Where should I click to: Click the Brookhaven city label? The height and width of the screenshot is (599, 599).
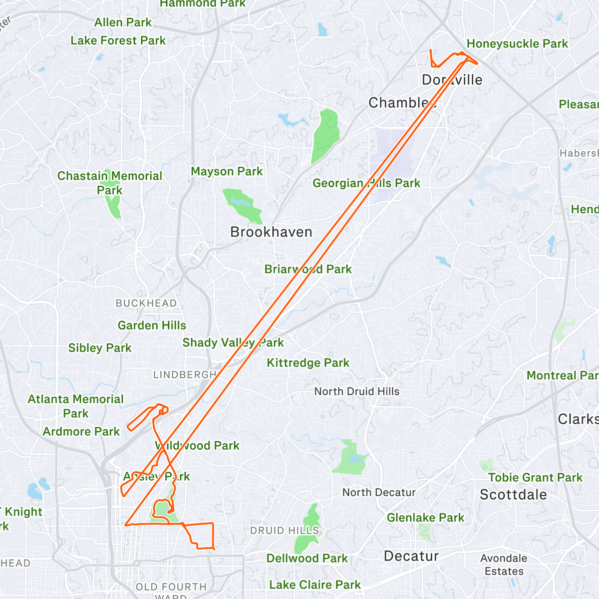(x=271, y=232)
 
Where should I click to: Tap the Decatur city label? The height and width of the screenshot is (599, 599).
(x=411, y=556)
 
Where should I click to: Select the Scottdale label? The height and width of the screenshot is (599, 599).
(x=513, y=495)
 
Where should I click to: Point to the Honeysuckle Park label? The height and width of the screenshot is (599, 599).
(x=517, y=44)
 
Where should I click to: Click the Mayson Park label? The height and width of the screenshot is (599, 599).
(x=227, y=172)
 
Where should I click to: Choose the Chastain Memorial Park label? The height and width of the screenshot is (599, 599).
(x=110, y=183)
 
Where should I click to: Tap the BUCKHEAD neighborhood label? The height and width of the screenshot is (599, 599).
(x=146, y=303)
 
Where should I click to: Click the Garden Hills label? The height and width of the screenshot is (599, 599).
(x=152, y=325)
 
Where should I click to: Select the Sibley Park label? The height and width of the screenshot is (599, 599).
(x=100, y=348)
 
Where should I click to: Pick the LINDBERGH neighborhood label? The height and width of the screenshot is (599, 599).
(x=185, y=375)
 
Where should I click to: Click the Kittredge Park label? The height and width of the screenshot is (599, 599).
(x=308, y=363)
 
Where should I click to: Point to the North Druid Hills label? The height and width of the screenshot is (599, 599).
(x=357, y=391)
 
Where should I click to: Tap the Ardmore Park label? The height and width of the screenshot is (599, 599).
(x=81, y=432)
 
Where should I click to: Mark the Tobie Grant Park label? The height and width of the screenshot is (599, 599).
(x=535, y=478)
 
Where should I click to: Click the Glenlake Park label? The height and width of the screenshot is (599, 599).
(x=425, y=518)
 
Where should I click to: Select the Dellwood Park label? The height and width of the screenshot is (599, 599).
(x=307, y=559)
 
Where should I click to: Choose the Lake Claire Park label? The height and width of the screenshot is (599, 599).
(x=315, y=585)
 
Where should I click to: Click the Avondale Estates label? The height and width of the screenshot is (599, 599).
(x=504, y=565)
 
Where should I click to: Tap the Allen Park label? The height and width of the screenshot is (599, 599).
(x=123, y=22)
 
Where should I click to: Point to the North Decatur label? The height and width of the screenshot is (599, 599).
(x=379, y=493)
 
